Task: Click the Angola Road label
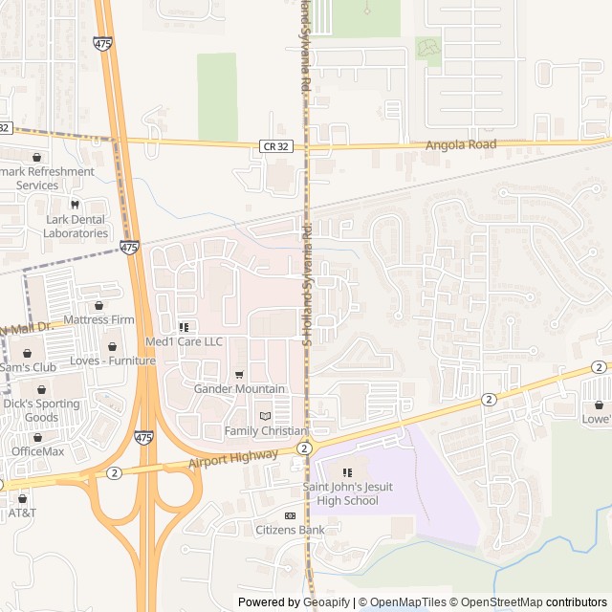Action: point(463,143)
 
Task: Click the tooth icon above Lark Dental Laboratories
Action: point(75,205)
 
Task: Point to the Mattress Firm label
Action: point(98,319)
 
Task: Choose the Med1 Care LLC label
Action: point(184,341)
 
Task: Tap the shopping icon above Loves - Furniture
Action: point(113,346)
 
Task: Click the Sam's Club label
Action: point(28,367)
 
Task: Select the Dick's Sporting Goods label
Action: point(41,410)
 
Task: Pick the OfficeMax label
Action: point(37,451)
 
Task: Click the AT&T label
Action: point(22,513)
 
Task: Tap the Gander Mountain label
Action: point(239,389)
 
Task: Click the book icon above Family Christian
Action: point(265,416)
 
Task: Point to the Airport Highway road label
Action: point(233,461)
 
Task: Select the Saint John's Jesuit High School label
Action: point(347,494)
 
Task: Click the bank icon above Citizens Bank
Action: point(290,515)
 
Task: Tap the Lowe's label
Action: point(597,419)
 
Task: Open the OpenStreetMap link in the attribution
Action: point(496,602)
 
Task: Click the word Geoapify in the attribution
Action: point(327,602)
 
